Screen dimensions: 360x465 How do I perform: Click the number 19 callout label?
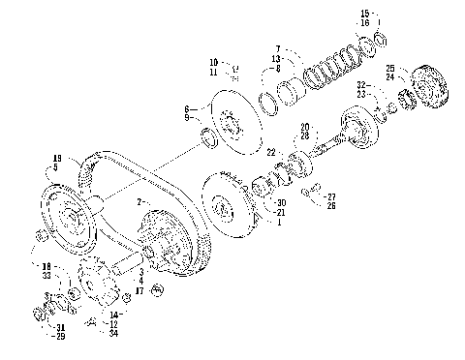[57, 157]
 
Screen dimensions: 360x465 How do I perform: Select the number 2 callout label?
[139, 200]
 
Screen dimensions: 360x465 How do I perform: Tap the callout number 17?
[140, 289]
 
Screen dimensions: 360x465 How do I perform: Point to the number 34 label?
[114, 333]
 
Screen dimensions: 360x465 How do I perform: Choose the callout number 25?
[390, 68]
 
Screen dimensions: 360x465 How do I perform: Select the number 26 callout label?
[331, 205]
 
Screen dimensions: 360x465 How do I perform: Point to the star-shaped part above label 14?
[100, 284]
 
